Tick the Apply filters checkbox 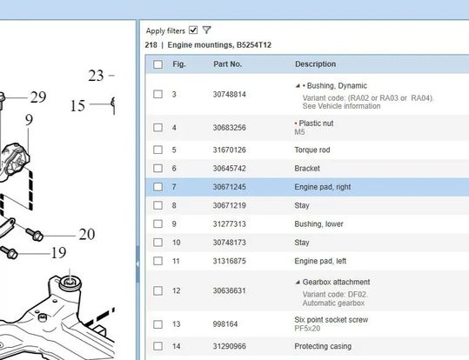coord(193,30)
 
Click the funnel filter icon coord(207,30)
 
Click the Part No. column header coord(228,64)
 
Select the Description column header coord(315,64)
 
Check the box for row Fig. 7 coord(157,187)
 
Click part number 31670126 coord(230,150)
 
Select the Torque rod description coord(312,150)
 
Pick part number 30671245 coord(230,187)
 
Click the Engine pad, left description coord(320,261)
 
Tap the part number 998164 coord(225,324)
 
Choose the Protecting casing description coord(323,346)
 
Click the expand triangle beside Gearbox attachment coord(298,282)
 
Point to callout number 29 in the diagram coord(38,97)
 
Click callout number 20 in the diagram coord(87,235)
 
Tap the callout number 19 coord(58,253)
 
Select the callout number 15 coord(77,105)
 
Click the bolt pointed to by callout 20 coord(35,235)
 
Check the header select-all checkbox coord(157,64)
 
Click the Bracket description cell coord(307,169)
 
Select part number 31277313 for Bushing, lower coord(230,224)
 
